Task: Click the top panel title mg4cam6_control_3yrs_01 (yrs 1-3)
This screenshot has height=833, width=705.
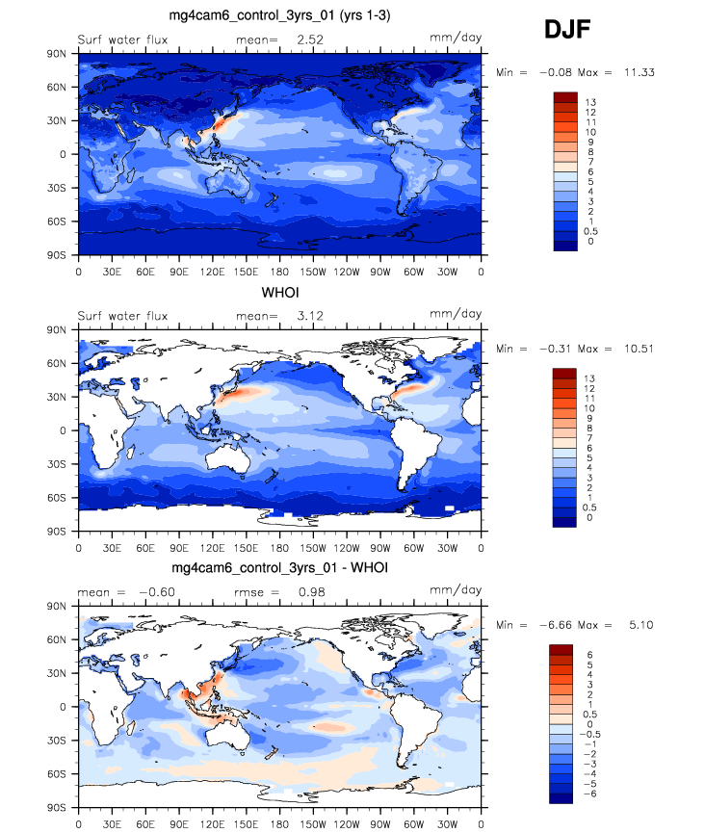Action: pos(279,14)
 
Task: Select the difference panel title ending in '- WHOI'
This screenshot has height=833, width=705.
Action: pos(279,568)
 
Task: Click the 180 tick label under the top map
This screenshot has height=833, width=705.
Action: pos(279,272)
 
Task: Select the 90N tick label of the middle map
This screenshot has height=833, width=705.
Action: pos(58,330)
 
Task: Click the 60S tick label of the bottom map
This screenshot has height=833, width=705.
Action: pos(58,774)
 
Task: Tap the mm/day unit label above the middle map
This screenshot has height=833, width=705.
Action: pos(456,315)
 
